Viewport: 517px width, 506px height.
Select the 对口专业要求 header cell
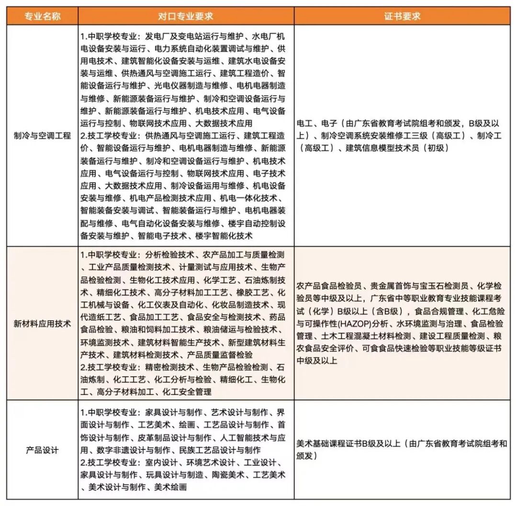click(x=186, y=16)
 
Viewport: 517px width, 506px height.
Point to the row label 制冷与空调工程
click(x=43, y=136)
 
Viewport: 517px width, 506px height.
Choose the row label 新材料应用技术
click(x=43, y=323)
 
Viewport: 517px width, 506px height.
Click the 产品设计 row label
click(x=43, y=450)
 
